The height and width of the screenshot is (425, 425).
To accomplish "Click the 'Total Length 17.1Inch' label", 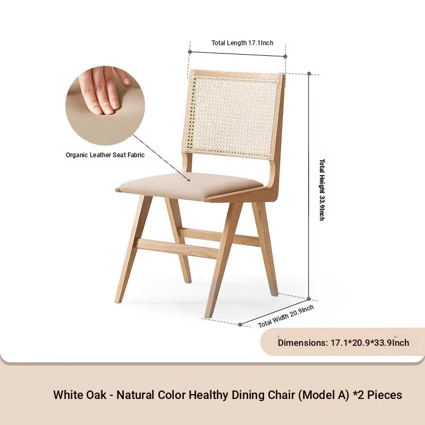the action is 242,43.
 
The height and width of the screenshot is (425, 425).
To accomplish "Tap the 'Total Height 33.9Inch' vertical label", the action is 322,190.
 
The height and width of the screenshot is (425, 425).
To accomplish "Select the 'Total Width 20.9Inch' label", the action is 286,316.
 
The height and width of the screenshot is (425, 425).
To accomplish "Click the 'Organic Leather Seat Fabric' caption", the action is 105,155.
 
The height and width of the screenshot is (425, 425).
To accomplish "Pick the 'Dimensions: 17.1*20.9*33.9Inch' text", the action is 343,343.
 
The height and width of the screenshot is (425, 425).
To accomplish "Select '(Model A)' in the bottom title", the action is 324,395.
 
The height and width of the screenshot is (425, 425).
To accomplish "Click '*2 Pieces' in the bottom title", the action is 378,395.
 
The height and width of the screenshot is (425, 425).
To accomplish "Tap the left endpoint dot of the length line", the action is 190,52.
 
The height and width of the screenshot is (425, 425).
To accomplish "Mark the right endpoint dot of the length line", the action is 285,56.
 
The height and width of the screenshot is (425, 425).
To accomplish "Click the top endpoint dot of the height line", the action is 309,73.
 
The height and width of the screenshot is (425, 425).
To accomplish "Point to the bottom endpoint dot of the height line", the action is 309,299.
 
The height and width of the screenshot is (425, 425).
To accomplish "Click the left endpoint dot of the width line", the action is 240,325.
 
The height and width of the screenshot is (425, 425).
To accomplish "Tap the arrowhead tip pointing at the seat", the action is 190,181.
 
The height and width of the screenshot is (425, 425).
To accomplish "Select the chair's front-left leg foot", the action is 117,300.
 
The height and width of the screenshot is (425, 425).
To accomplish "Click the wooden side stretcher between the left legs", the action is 177,248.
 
